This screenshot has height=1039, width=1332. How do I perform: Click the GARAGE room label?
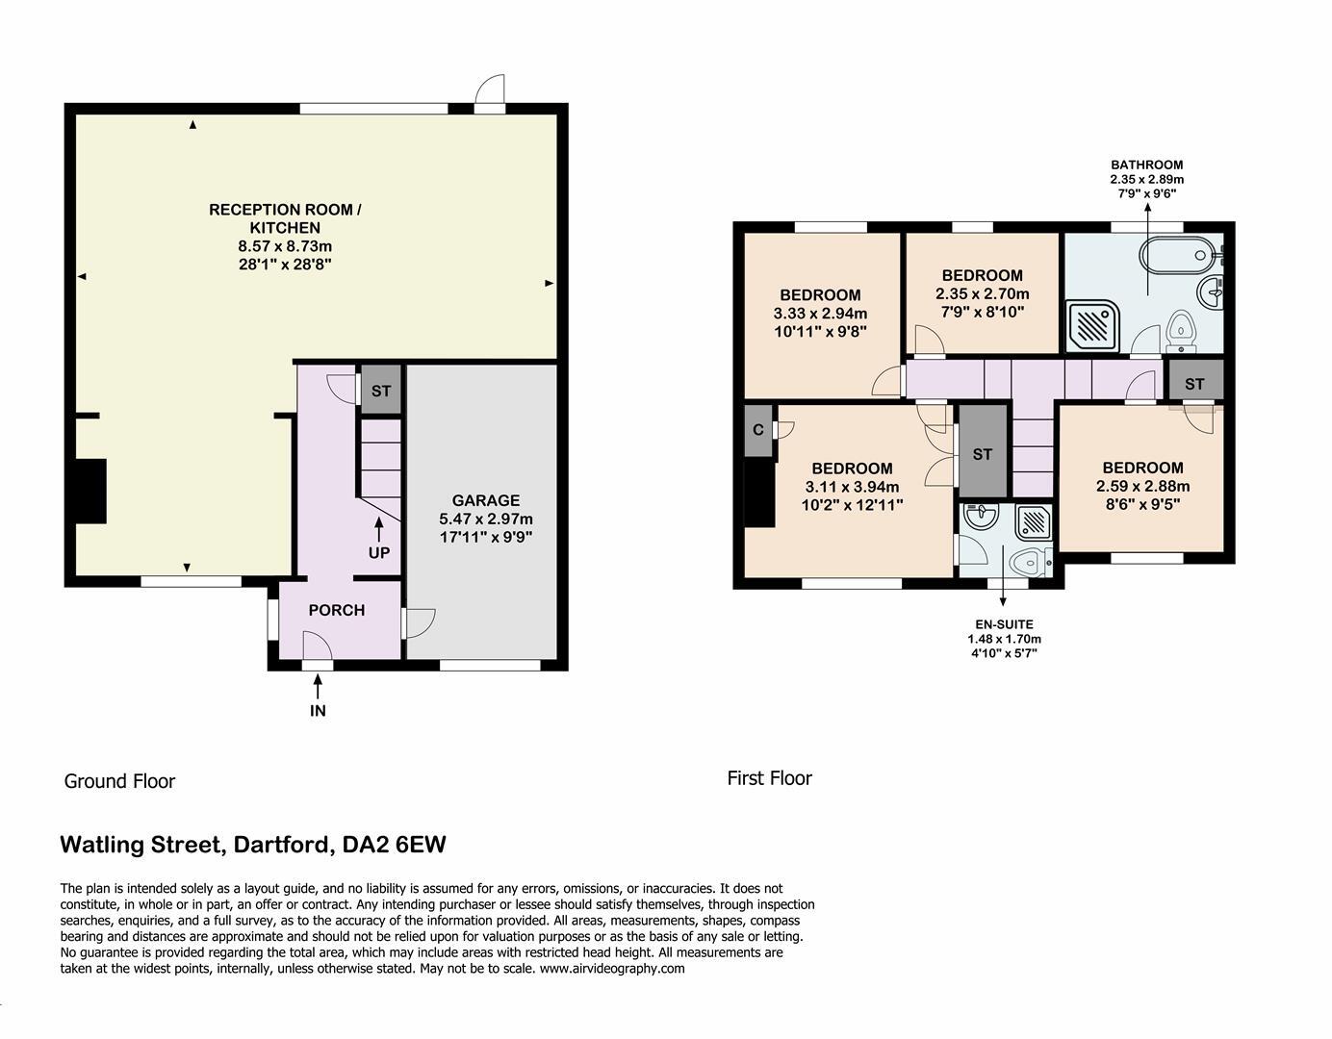pos(486,500)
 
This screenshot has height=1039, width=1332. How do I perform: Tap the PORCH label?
pos(336,610)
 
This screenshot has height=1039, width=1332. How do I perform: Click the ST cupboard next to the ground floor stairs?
pos(381,392)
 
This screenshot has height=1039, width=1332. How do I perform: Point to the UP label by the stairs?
pos(378,553)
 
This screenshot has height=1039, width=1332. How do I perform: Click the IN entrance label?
pos(318,711)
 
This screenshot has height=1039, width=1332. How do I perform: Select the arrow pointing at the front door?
pos(318,686)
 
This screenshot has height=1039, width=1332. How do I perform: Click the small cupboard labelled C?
pos(758,430)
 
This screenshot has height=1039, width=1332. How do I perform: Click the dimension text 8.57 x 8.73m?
pos(285,246)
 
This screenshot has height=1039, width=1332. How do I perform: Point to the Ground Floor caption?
pos(119,781)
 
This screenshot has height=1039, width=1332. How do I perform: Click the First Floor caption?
pos(769,778)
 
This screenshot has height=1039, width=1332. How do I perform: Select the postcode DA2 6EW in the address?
pos(395,845)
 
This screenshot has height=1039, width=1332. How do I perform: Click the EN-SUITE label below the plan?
pos(1004,624)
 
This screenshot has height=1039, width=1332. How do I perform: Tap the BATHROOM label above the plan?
pos(1146,165)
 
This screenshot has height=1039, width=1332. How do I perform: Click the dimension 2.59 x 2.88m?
pos(1142,486)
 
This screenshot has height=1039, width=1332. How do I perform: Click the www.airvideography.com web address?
pos(612,969)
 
